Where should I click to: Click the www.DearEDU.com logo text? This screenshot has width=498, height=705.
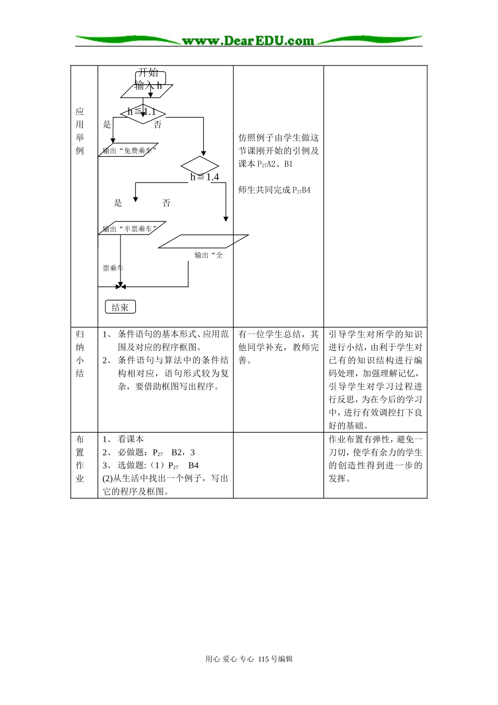248,41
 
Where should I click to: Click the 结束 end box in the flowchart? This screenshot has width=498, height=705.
120,307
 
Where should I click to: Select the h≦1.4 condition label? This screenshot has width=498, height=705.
204,177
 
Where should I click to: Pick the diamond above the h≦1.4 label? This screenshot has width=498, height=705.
200,165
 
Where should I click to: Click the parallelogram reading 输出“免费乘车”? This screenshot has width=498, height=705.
128,151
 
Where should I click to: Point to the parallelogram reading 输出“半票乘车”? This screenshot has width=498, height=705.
131,229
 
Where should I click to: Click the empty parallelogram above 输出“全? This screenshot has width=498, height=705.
203,241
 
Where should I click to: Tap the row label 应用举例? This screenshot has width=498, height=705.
80,131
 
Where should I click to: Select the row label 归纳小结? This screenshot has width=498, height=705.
80,354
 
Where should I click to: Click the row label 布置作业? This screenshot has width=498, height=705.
80,458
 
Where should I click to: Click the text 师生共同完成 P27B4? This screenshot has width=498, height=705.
274,190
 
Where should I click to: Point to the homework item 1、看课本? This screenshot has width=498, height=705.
124,439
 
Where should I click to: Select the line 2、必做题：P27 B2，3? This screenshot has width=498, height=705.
149,452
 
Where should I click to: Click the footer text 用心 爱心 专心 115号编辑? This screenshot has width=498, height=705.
249,659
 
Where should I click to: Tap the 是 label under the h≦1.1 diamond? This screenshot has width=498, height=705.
107,124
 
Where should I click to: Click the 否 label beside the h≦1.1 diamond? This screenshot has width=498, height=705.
158,125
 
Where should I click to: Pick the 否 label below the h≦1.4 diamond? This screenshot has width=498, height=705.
166,203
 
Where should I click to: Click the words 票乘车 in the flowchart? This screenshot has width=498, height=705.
113,268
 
